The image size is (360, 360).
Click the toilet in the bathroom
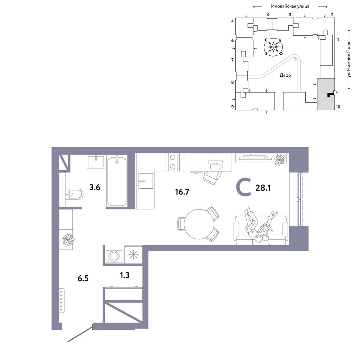(74, 194)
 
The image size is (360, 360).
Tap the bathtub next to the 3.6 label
(117, 181)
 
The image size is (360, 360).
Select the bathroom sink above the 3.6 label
(96, 161)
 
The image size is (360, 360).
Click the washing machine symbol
(114, 256)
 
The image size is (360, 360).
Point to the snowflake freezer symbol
(133, 255)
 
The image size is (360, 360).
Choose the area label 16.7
(182, 192)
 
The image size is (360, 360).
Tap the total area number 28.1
(263, 188)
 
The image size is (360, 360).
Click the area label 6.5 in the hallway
(83, 278)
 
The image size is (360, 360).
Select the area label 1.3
(125, 275)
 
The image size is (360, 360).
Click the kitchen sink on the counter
(146, 181)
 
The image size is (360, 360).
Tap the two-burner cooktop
(173, 162)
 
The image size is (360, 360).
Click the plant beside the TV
(280, 159)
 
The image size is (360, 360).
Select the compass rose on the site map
(274, 47)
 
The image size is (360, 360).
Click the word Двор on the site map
(285, 75)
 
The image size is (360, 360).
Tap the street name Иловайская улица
(290, 6)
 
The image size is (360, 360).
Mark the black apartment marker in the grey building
(330, 95)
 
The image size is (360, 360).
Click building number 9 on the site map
(232, 107)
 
